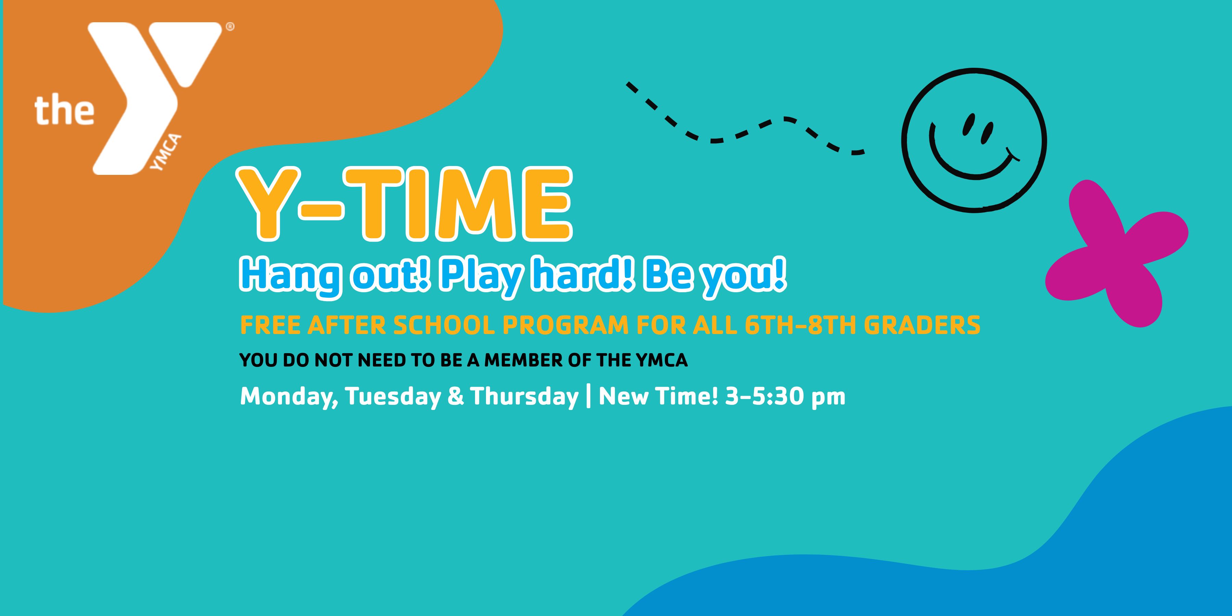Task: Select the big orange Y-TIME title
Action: [405, 203]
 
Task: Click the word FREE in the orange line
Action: [270, 325]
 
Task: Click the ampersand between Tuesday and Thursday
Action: [456, 397]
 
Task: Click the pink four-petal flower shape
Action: [1116, 254]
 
